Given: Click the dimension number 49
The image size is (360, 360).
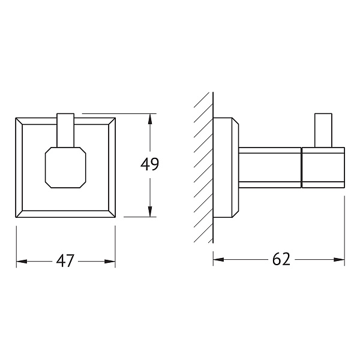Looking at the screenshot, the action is click(149, 164).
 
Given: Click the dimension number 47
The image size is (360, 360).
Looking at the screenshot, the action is click(65, 260).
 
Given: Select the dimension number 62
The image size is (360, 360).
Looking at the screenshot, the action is click(281, 259).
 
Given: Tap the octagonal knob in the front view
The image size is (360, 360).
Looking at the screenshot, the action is click(65, 167).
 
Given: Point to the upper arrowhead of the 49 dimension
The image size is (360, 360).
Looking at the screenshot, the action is click(150, 119).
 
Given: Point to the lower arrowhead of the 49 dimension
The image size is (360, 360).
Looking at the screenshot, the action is click(150, 211).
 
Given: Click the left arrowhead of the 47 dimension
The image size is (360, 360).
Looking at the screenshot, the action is click(22, 262).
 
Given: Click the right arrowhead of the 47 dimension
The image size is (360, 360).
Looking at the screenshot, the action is click(110, 262).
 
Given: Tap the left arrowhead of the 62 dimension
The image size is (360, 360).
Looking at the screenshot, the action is click(218, 260).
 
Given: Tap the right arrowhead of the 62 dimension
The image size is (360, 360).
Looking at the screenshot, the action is click(339, 260).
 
